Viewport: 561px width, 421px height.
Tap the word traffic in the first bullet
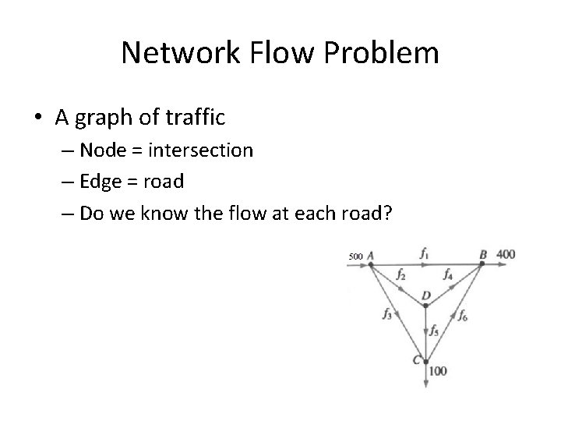click(x=193, y=118)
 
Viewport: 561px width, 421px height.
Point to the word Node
click(x=104, y=150)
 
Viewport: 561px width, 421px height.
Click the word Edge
click(x=102, y=182)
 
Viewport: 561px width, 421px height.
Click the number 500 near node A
click(x=355, y=256)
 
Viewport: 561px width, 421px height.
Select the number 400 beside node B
click(x=506, y=254)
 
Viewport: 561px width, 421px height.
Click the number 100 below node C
click(x=438, y=371)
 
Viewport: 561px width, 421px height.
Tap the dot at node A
click(x=371, y=264)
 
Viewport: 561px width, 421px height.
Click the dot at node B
click(x=482, y=264)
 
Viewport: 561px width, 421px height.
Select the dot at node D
click(x=425, y=306)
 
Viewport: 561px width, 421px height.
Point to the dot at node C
click(x=425, y=361)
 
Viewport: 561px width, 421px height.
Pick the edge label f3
click(x=387, y=314)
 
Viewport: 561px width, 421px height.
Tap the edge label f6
click(x=463, y=315)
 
